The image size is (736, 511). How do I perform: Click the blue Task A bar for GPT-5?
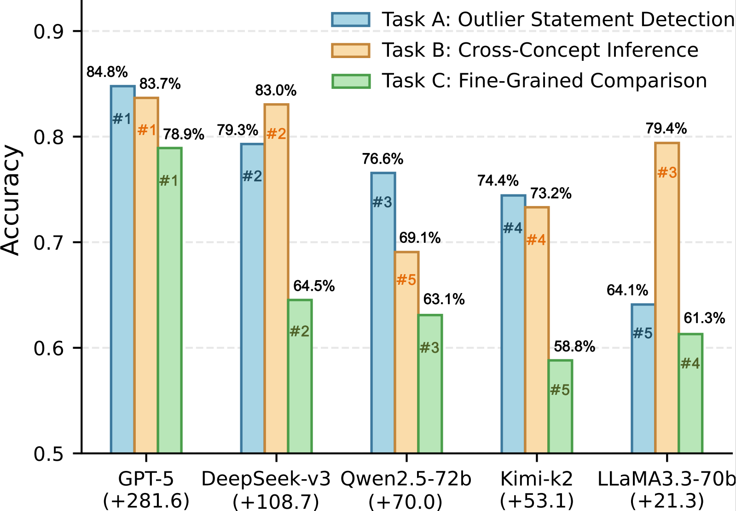pyautogui.click(x=122, y=269)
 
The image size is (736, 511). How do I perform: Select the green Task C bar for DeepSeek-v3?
pyautogui.click(x=300, y=376)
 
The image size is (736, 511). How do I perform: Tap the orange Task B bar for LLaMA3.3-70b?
pyautogui.click(x=667, y=298)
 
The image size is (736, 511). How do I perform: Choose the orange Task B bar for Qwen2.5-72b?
pyautogui.click(x=406, y=352)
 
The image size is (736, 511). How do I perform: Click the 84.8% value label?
pyautogui.click(x=107, y=72)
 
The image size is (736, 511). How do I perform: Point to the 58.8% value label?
pyautogui.click(x=574, y=347)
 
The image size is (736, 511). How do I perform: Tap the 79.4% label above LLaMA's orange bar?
pyautogui.click(x=666, y=129)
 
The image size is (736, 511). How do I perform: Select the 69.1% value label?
pyautogui.click(x=420, y=238)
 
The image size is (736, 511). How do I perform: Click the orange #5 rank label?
pyautogui.click(x=406, y=280)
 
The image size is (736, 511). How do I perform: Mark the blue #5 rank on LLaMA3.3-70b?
pyautogui.click(x=643, y=333)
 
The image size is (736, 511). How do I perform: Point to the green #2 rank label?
pyautogui.click(x=300, y=331)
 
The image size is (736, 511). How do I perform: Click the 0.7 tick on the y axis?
pyautogui.click(x=49, y=242)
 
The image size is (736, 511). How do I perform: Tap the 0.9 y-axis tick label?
pyautogui.click(x=49, y=31)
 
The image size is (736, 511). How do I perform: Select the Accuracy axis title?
pyautogui.click(x=11, y=200)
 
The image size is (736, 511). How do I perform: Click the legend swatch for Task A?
pyautogui.click(x=351, y=20)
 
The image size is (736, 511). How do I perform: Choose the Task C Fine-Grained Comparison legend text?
pyautogui.click(x=545, y=81)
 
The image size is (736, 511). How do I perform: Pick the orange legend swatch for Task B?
pyautogui.click(x=351, y=50)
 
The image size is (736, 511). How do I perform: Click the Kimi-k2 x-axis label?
pyautogui.click(x=537, y=479)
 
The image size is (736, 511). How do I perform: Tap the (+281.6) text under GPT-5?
pyautogui.click(x=146, y=500)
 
